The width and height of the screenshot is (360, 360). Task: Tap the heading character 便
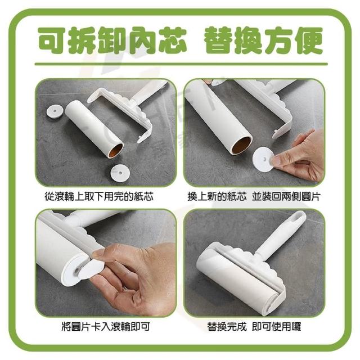coord(308,40)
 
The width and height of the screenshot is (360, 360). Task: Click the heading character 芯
coord(171,40)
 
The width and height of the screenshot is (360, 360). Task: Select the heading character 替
coord(219,40)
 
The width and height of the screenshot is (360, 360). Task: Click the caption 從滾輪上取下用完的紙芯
coord(99,197)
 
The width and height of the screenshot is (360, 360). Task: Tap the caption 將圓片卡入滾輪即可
coord(106,326)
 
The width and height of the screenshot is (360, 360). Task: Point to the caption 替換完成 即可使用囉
coord(254,326)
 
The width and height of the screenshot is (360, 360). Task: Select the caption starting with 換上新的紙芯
coord(254,197)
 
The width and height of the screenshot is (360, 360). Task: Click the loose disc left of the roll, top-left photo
coord(55,111)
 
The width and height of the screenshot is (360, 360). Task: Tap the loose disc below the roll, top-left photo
coord(120,173)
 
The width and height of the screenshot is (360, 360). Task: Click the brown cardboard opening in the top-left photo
coord(115,150)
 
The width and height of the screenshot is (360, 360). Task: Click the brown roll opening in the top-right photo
coord(241,145)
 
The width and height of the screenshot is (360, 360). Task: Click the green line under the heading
coord(181,64)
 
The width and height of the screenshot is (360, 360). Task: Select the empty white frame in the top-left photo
coord(120,110)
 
